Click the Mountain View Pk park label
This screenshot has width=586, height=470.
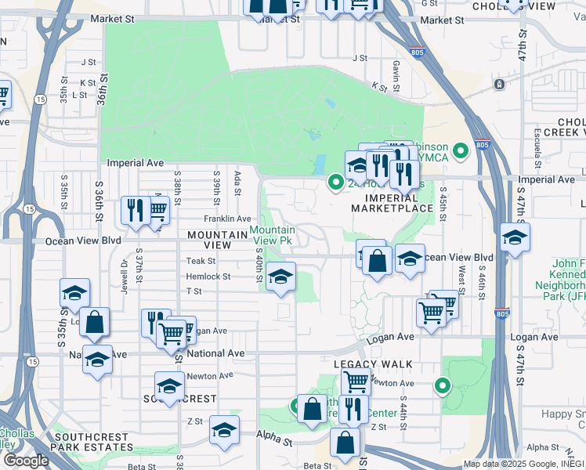pos(273,235)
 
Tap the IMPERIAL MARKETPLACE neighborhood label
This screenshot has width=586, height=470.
pos(392,203)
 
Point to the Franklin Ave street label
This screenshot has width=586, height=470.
pos(227,219)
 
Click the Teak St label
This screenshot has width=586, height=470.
pos(201,261)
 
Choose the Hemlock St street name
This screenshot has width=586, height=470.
pos(208,277)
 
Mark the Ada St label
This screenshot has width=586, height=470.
pos(237,179)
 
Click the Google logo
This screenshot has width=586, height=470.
pos(26,460)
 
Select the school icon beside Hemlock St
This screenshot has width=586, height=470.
pos(280,277)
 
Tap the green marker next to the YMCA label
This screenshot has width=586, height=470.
pos(461,150)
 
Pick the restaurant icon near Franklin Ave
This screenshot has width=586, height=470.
pos(136,210)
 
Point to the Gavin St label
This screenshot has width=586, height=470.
pos(397,74)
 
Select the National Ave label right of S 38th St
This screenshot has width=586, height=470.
pos(215,353)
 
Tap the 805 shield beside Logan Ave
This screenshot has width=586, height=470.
pos(503,313)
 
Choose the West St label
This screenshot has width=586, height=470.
pos(461,278)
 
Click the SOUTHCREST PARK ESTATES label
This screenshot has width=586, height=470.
pos(92,447)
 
